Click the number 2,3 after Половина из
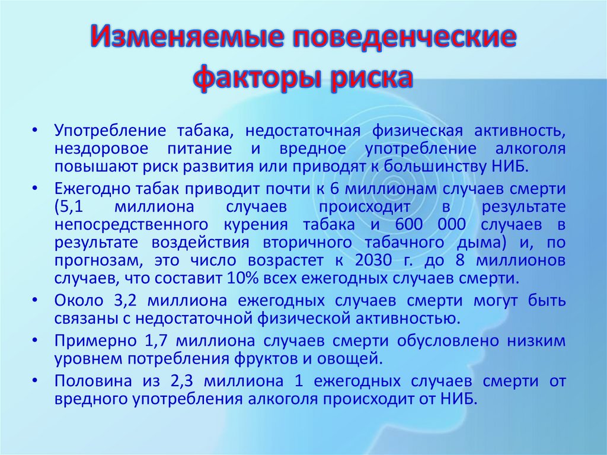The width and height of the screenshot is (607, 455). (181, 381)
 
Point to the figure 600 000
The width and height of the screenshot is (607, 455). (430, 224)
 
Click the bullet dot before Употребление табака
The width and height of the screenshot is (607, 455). (35, 131)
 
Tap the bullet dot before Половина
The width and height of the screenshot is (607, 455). (35, 381)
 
